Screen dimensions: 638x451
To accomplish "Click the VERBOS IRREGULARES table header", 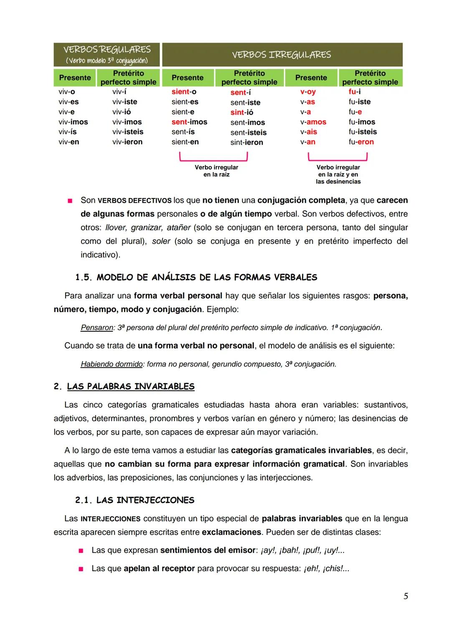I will pos(281,55).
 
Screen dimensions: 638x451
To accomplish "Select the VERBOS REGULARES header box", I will pos(107,55).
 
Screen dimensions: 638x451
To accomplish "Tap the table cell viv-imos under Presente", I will pos(73,122).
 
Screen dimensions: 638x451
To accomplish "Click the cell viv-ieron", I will pos(127,142).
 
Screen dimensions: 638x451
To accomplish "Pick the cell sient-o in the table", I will pos(184,92).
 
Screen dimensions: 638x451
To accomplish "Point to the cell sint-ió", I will pos(242,112).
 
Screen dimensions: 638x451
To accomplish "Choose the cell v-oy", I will pos(308,92).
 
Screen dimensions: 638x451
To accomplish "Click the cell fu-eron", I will pos(361,142).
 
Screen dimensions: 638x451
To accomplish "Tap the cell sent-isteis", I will pos(248,132).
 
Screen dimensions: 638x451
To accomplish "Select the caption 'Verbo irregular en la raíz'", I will pos(216,171).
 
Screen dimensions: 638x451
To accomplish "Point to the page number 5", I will pos(405,596).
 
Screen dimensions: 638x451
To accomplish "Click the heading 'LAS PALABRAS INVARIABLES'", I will pos(130,386).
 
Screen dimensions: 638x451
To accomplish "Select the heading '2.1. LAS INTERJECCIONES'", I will pos(134,500).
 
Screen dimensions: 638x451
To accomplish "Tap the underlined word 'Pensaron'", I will pos(96,328).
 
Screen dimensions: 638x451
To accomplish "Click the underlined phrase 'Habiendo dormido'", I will pos(111,364).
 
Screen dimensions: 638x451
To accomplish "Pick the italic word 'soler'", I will pos(161,241).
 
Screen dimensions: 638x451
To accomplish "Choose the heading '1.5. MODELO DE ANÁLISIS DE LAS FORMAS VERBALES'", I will pos(196,277).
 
